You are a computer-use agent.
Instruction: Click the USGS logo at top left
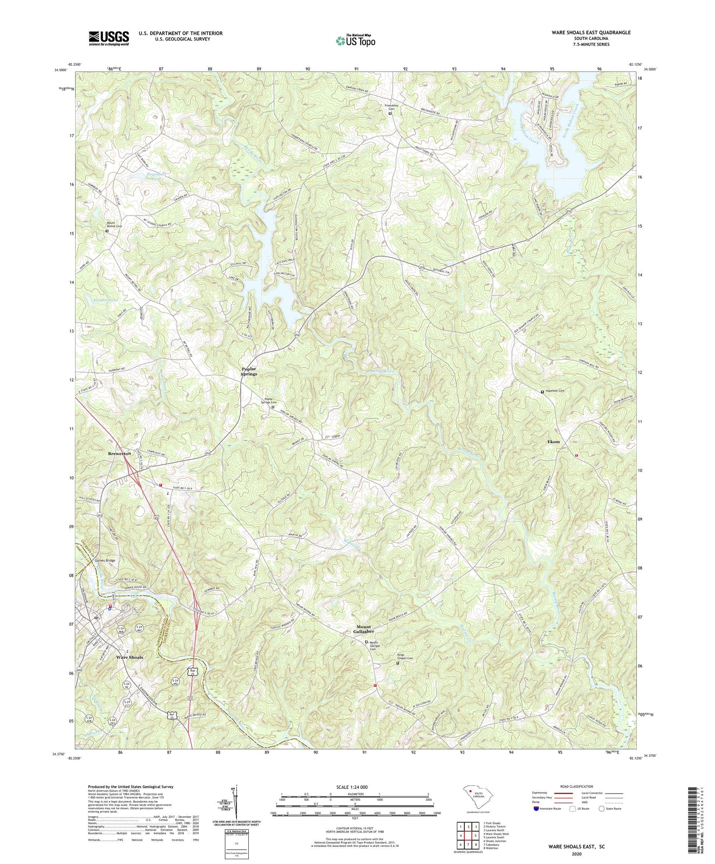point(109,38)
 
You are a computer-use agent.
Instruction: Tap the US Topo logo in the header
point(355,41)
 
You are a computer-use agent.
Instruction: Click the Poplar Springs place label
point(248,371)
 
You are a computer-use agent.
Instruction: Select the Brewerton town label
point(119,454)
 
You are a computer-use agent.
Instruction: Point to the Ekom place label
point(553,442)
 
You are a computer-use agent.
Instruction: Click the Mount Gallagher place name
point(367,629)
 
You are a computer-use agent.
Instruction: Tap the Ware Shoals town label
point(130,657)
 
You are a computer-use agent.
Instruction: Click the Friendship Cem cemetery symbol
point(389,114)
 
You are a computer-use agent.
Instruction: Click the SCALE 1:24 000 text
point(355,787)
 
